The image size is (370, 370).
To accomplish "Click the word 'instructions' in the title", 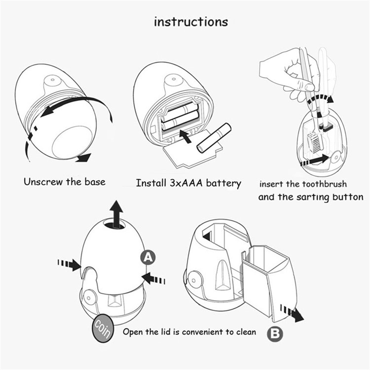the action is [191, 22].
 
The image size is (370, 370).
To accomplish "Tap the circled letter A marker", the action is [148, 257].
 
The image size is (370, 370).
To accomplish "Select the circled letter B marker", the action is [275, 333].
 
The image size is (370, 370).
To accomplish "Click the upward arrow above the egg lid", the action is [116, 214].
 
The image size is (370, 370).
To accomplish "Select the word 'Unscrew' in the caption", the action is [43, 182].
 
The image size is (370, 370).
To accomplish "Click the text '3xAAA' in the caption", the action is [186, 183].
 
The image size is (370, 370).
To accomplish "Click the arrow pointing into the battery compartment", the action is [185, 136].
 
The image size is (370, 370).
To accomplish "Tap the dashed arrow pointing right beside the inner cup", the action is [292, 313].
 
